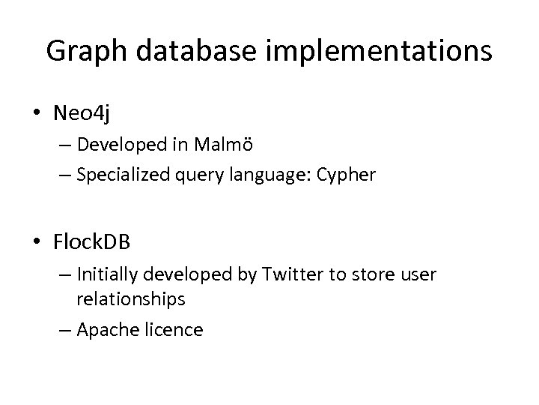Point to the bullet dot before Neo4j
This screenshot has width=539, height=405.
tap(37, 113)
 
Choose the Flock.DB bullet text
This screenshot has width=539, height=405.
tap(91, 242)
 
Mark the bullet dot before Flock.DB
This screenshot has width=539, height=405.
tap(37, 243)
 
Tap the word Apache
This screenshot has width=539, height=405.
tap(106, 329)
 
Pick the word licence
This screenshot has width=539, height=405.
tap(175, 329)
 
